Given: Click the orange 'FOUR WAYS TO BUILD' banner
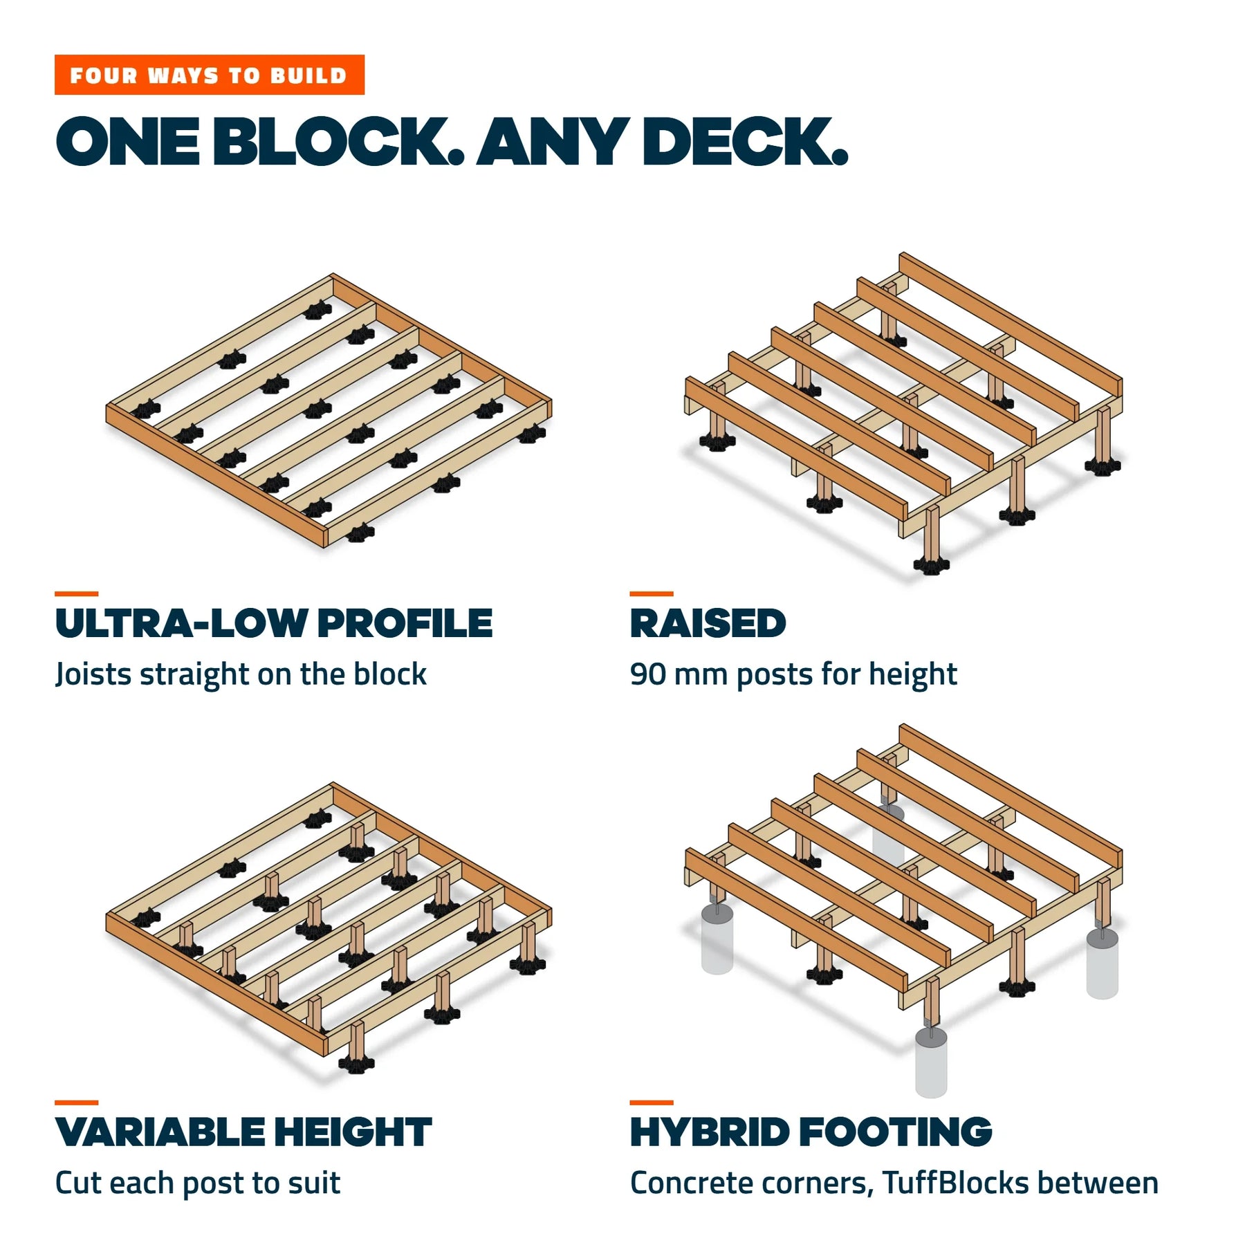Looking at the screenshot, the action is tap(209, 75).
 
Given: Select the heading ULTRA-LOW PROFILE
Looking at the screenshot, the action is tap(274, 623).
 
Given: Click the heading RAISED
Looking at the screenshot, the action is tap(708, 623).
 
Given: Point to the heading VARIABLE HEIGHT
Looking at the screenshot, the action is tap(243, 1132).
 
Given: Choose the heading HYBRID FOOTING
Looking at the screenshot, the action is tap(811, 1132).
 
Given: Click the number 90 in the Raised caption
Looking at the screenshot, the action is tap(647, 674).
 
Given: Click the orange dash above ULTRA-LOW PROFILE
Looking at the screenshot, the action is tap(76, 593).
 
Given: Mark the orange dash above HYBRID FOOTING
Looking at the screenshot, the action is tap(652, 1103).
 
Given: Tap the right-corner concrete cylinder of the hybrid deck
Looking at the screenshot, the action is tap(1103, 962).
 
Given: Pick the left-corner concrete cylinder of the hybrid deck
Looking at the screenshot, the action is tap(717, 938).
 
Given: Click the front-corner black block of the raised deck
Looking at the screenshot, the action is tap(932, 565).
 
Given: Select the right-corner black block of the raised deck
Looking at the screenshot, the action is tap(1103, 465).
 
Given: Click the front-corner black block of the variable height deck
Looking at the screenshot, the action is tap(356, 1063).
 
